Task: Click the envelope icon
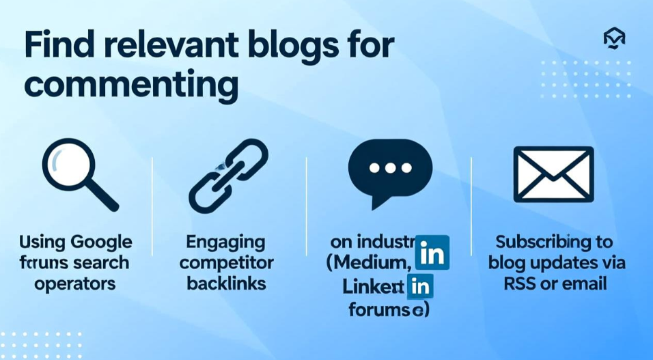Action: (553, 175)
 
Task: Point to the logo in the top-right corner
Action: (614, 40)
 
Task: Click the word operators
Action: (75, 283)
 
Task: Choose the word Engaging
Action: (225, 242)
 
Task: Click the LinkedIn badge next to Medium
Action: (432, 252)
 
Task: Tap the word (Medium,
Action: (370, 263)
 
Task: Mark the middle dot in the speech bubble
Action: (390, 167)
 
